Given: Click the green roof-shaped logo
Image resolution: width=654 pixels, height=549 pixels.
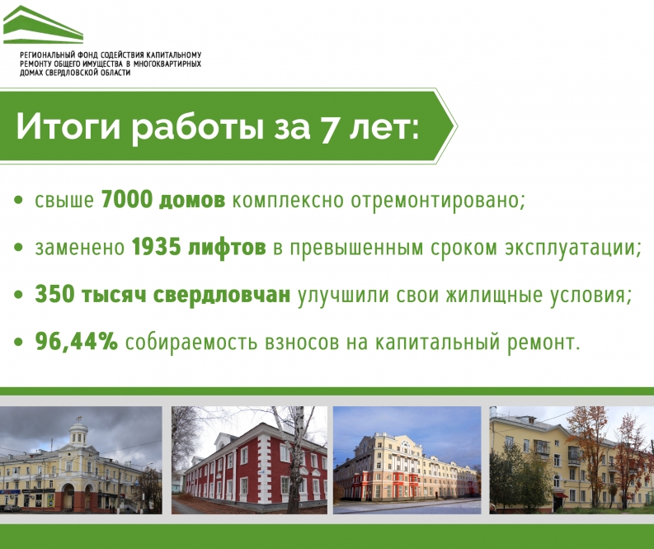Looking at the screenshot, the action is [43, 26].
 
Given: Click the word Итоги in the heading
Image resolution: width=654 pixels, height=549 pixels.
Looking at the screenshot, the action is [68, 127].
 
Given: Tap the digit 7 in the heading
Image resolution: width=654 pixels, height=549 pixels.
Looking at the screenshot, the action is [329, 127].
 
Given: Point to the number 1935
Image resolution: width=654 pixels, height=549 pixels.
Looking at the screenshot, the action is [157, 247].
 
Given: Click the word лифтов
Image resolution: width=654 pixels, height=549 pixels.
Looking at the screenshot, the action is [227, 247].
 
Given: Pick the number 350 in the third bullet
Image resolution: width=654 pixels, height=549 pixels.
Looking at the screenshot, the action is [54, 294].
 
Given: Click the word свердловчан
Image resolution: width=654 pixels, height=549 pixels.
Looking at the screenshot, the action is [222, 295].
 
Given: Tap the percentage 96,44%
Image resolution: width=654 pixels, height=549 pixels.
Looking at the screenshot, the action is [77, 342].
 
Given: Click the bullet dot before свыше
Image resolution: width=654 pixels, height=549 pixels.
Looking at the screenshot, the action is [18, 200].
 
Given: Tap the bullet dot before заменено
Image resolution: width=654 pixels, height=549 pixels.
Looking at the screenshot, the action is [18, 247].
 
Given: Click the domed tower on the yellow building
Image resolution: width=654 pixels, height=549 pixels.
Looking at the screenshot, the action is [79, 434].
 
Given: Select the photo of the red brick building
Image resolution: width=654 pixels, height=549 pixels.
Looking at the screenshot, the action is [249, 460].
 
